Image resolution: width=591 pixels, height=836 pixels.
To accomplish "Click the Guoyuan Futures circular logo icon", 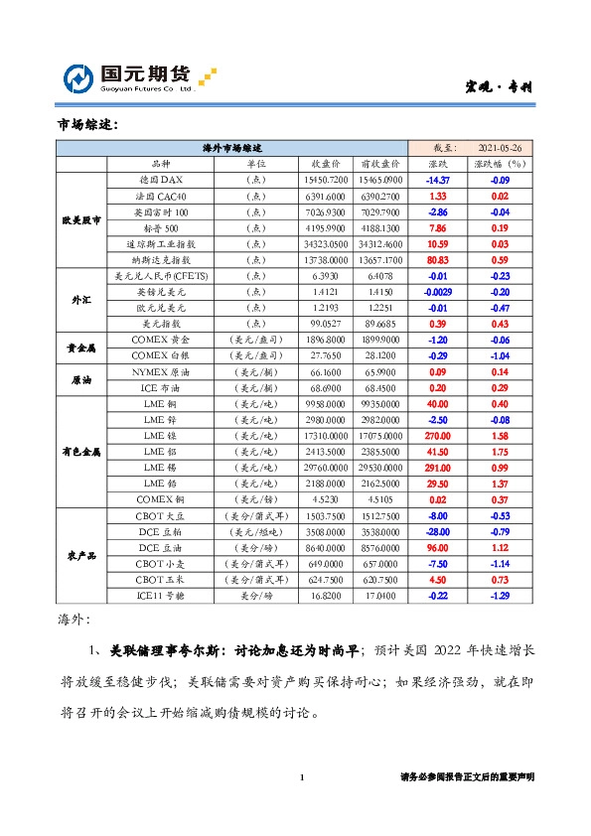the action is click(x=78, y=78).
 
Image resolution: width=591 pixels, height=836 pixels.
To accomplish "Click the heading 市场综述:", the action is click(x=88, y=125).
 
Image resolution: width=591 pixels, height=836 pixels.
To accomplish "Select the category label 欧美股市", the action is click(x=81, y=219).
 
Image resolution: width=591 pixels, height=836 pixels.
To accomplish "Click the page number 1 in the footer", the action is click(x=301, y=777).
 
